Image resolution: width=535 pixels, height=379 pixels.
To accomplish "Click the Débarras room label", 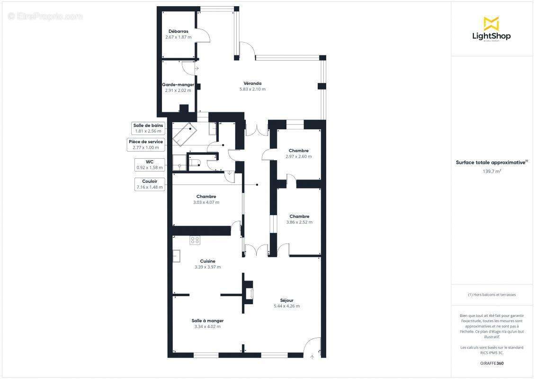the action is pos(178,31).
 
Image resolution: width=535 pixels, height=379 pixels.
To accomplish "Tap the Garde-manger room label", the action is pos(178,85).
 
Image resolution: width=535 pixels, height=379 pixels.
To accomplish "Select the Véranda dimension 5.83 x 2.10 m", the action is pos(252,89).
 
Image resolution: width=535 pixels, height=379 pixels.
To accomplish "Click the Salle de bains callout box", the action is pos(148,128).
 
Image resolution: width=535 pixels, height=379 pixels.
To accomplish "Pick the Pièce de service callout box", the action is pos(146,144).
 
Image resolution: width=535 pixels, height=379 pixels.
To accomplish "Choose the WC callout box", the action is pos(150,164).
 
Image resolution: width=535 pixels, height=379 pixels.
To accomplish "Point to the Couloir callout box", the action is pos(150,184).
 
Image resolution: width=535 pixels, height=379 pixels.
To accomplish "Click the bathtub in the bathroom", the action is pos(185,135).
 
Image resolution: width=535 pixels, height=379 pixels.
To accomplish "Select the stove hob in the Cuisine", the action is pos(195,240).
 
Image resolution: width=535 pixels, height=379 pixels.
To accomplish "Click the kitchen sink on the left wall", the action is pos(177,256).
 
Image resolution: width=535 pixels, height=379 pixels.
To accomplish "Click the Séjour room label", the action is pos(286,300).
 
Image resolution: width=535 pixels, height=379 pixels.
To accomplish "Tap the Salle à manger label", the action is pos(207,321).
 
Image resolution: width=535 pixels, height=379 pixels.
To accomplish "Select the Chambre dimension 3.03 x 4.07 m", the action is pos(206,202).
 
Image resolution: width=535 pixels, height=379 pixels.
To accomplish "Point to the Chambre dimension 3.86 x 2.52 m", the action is pos(299,222).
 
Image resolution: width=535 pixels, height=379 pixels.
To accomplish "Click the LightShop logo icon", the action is pos(491,23).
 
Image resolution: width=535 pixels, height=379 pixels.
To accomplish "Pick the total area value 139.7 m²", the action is pos(491,171).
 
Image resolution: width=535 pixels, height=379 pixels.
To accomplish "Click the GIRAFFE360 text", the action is pos(491,363).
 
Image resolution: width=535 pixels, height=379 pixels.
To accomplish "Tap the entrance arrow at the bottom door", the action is pos(312,357).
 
